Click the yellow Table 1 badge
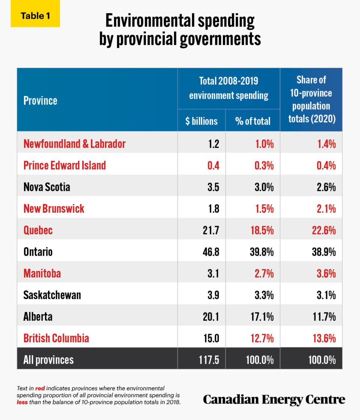click(x=35, y=16)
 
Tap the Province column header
click(x=40, y=100)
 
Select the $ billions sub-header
click(x=201, y=121)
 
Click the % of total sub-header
click(x=252, y=121)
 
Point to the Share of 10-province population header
click(x=311, y=99)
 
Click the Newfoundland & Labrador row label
click(x=74, y=144)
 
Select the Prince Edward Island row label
click(x=64, y=165)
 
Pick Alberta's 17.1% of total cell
click(x=262, y=316)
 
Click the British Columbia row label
click(x=56, y=338)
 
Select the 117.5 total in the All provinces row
click(x=208, y=360)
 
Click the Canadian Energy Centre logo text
click(x=274, y=399)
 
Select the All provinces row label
click(x=48, y=360)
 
